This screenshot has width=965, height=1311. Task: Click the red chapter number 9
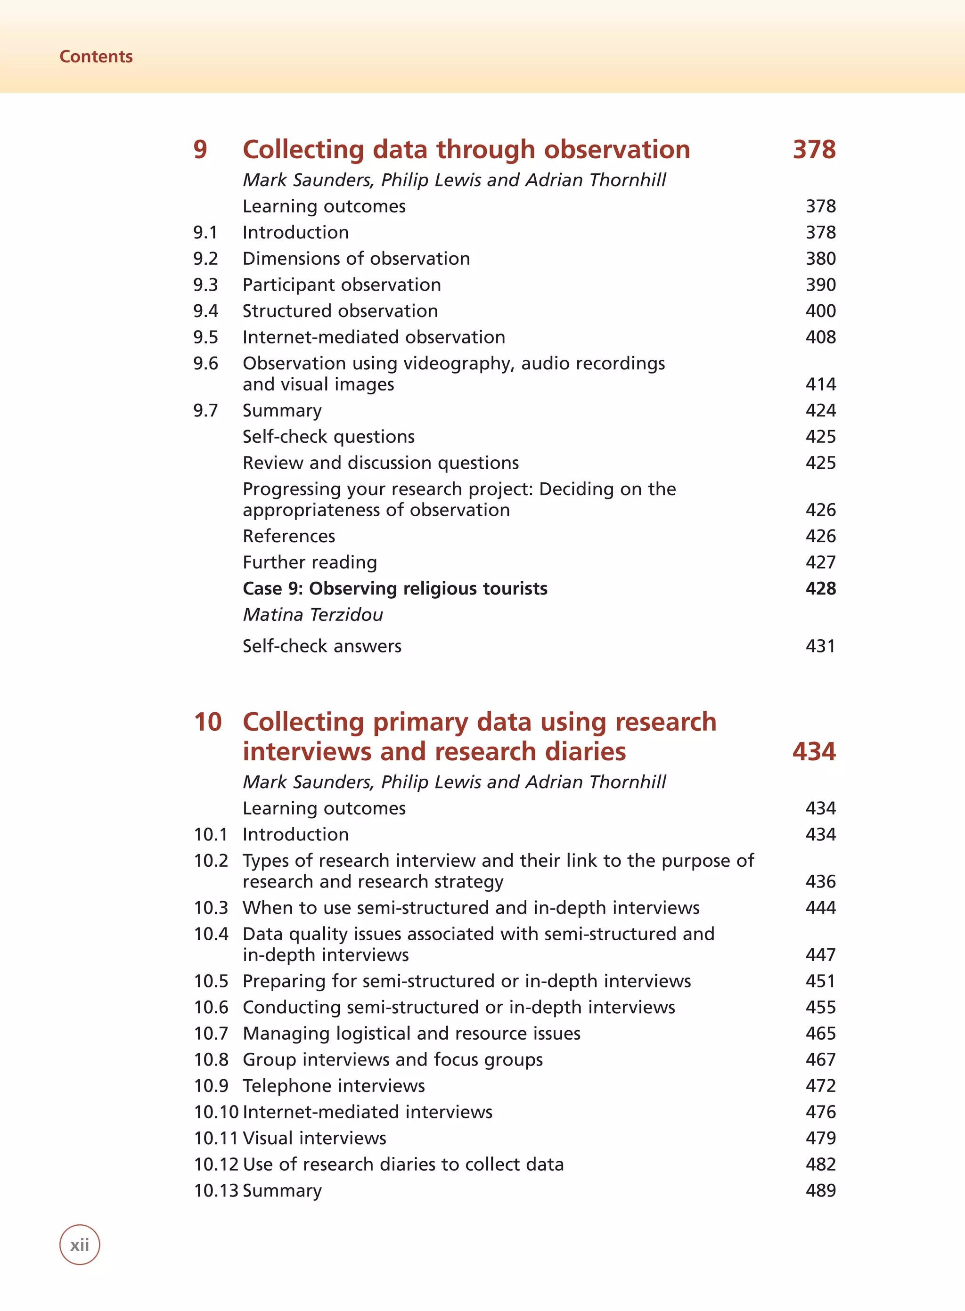click(200, 149)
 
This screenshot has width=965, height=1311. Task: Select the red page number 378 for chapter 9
click(814, 149)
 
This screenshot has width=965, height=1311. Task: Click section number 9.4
click(205, 310)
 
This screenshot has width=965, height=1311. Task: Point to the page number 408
click(820, 337)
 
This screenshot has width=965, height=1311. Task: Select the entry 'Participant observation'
click(342, 285)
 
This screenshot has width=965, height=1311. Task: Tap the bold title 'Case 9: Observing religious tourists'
click(395, 588)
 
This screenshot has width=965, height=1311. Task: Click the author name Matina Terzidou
click(312, 614)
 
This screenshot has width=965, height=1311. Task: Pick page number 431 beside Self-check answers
click(820, 646)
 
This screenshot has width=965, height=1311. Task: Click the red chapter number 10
click(208, 722)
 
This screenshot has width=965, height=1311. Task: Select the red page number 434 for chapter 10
click(814, 751)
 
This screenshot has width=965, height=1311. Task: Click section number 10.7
click(211, 1033)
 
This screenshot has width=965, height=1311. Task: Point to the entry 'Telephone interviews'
click(334, 1085)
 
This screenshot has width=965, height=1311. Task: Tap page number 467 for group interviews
click(820, 1059)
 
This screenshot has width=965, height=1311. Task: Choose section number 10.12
click(216, 1164)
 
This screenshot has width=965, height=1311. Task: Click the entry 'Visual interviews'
click(314, 1138)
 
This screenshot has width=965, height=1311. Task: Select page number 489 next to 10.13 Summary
click(820, 1190)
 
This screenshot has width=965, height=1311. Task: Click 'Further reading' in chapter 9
click(310, 562)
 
